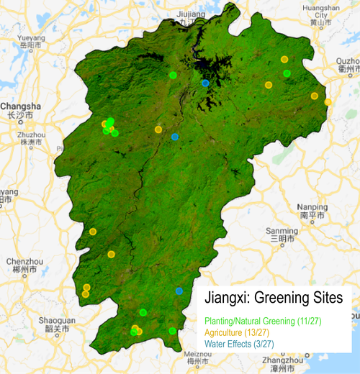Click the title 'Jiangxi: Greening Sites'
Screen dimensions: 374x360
tap(273, 297)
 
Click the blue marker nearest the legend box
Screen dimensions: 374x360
tap(179, 291)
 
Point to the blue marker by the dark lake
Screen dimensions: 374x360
tap(205, 83)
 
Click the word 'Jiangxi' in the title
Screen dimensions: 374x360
tap(229, 297)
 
